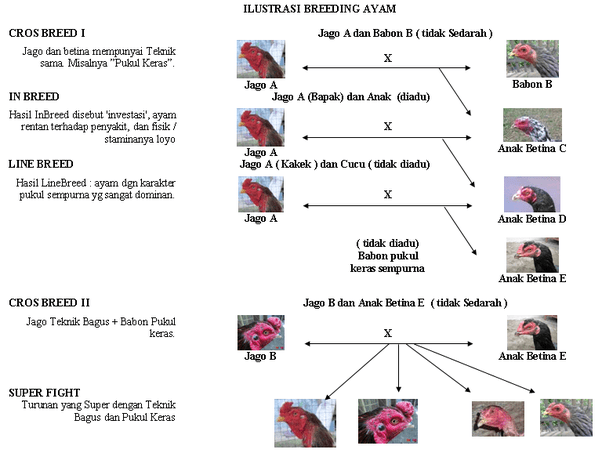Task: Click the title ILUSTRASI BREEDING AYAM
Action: pyautogui.click(x=319, y=9)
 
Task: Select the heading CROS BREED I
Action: pyautogui.click(x=47, y=33)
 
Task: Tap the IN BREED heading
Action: pyautogui.click(x=34, y=96)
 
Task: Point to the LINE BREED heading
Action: pyautogui.click(x=41, y=164)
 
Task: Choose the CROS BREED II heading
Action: pyautogui.click(x=49, y=303)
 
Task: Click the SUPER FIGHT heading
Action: pyautogui.click(x=44, y=393)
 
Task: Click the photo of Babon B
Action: pyautogui.click(x=532, y=59)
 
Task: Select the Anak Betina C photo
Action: pyautogui.click(x=532, y=125)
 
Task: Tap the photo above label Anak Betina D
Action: pyautogui.click(x=532, y=194)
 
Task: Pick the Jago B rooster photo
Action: pyautogui.click(x=261, y=332)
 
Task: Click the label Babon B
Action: pyautogui.click(x=532, y=84)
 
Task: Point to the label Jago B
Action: pyautogui.click(x=260, y=356)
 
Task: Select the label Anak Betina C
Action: pyautogui.click(x=532, y=149)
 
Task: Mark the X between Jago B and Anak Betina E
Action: pyautogui.click(x=388, y=333)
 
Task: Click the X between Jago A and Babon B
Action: pyautogui.click(x=388, y=58)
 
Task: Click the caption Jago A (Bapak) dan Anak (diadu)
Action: pyautogui.click(x=351, y=97)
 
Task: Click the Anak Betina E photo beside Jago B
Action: pyautogui.click(x=532, y=332)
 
